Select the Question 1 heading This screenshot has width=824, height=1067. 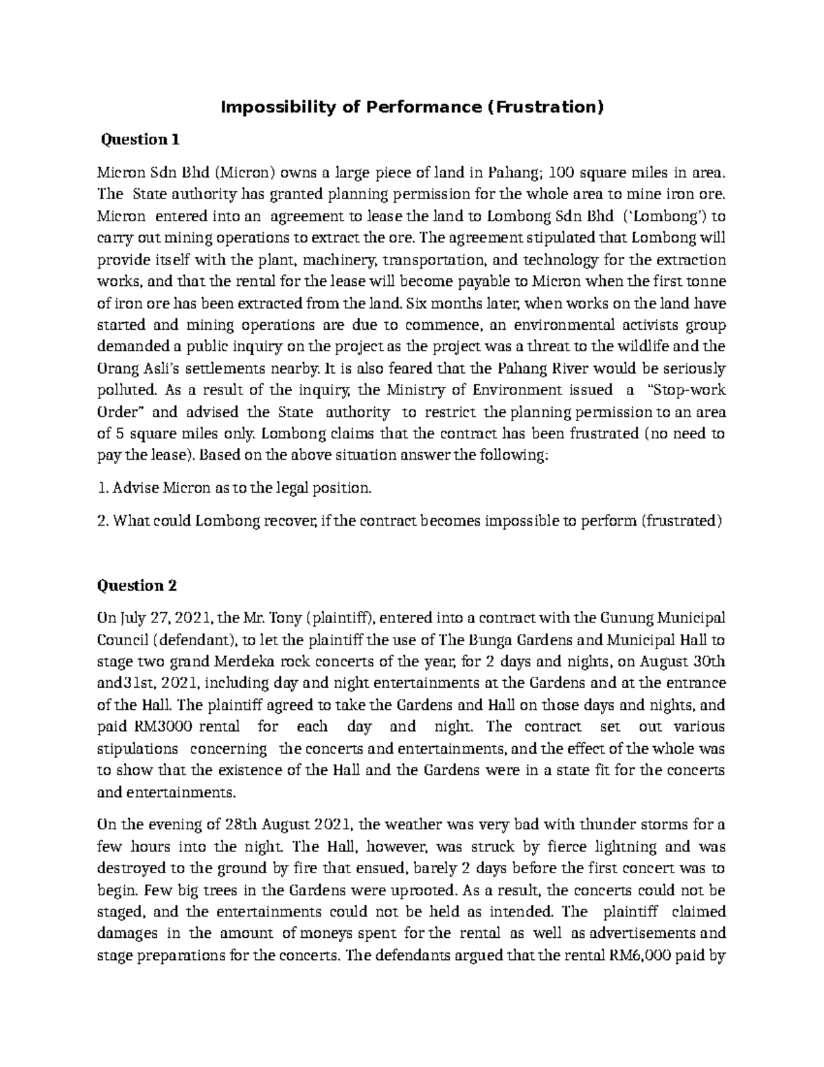(x=140, y=140)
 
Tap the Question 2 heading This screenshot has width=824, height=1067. (x=137, y=585)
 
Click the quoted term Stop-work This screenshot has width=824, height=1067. (x=687, y=390)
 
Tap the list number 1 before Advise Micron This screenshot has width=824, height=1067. (x=102, y=488)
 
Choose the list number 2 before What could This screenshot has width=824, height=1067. (x=102, y=521)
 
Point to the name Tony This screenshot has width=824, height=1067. (x=287, y=618)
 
